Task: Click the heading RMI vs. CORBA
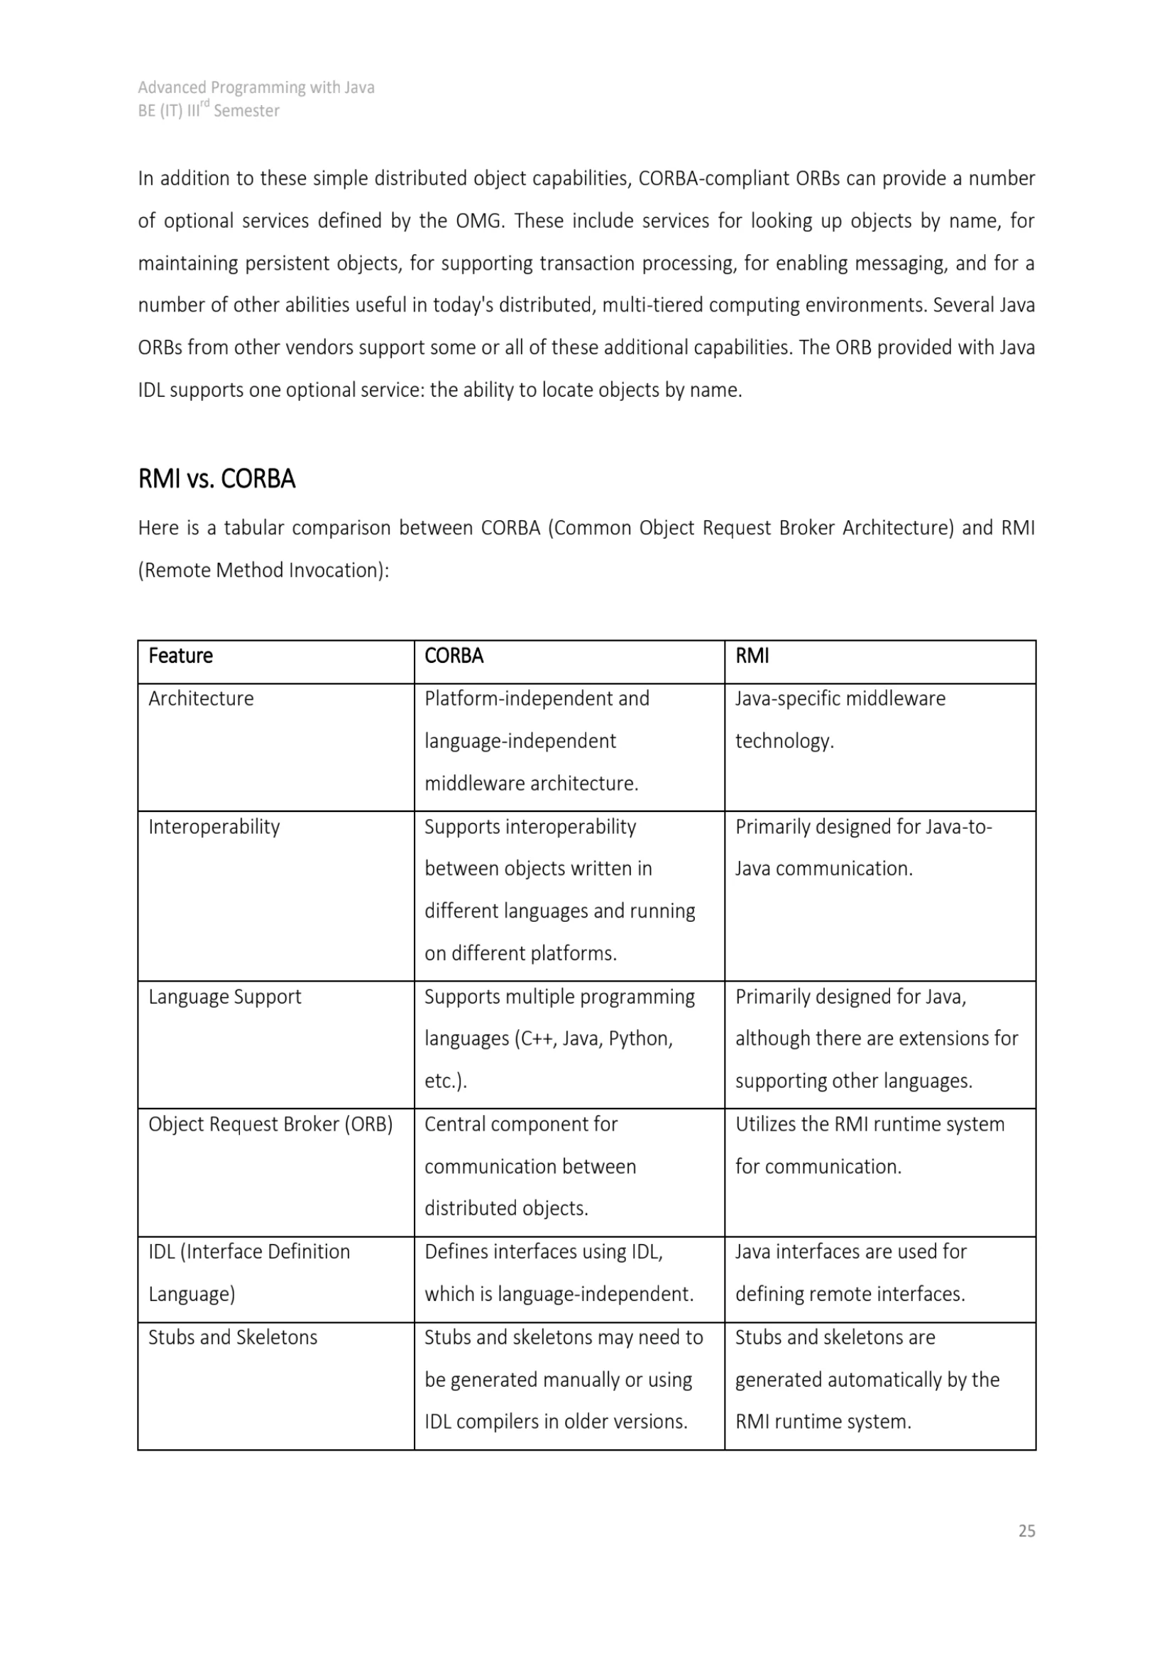click(x=216, y=479)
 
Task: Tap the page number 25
click(x=1026, y=1531)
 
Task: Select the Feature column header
click(x=181, y=656)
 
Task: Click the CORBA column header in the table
click(x=454, y=656)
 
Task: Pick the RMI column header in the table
click(x=752, y=656)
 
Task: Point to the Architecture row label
click(x=201, y=698)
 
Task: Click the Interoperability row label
click(x=214, y=826)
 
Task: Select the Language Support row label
click(x=225, y=996)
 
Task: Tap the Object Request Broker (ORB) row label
click(x=270, y=1124)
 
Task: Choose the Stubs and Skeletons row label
click(x=233, y=1337)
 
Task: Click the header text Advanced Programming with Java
click(x=256, y=87)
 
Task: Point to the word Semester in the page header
click(x=246, y=111)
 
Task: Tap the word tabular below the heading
click(x=253, y=528)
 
